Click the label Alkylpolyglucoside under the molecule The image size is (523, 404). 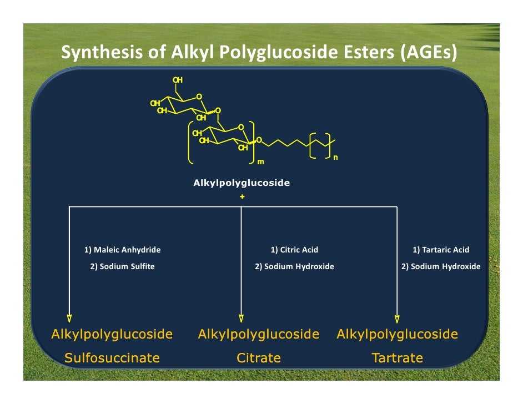point(242,183)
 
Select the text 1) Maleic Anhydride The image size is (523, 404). point(122,250)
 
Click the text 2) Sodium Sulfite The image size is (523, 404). point(122,266)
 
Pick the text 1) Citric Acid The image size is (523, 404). point(294,250)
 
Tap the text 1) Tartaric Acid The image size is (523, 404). point(441,250)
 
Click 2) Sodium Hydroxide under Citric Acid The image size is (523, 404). point(294,266)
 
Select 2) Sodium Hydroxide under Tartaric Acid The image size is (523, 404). point(441,266)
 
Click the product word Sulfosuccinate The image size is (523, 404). point(112,358)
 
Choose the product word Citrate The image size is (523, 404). point(259,358)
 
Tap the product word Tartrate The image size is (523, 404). point(398,358)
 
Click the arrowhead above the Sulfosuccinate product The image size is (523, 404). point(69,319)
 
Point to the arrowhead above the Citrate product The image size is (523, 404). point(242,319)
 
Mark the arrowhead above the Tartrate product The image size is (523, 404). point(397,319)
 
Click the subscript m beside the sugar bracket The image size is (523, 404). point(259,163)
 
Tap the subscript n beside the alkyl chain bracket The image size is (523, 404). point(335,158)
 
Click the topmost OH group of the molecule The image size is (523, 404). point(178,80)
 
